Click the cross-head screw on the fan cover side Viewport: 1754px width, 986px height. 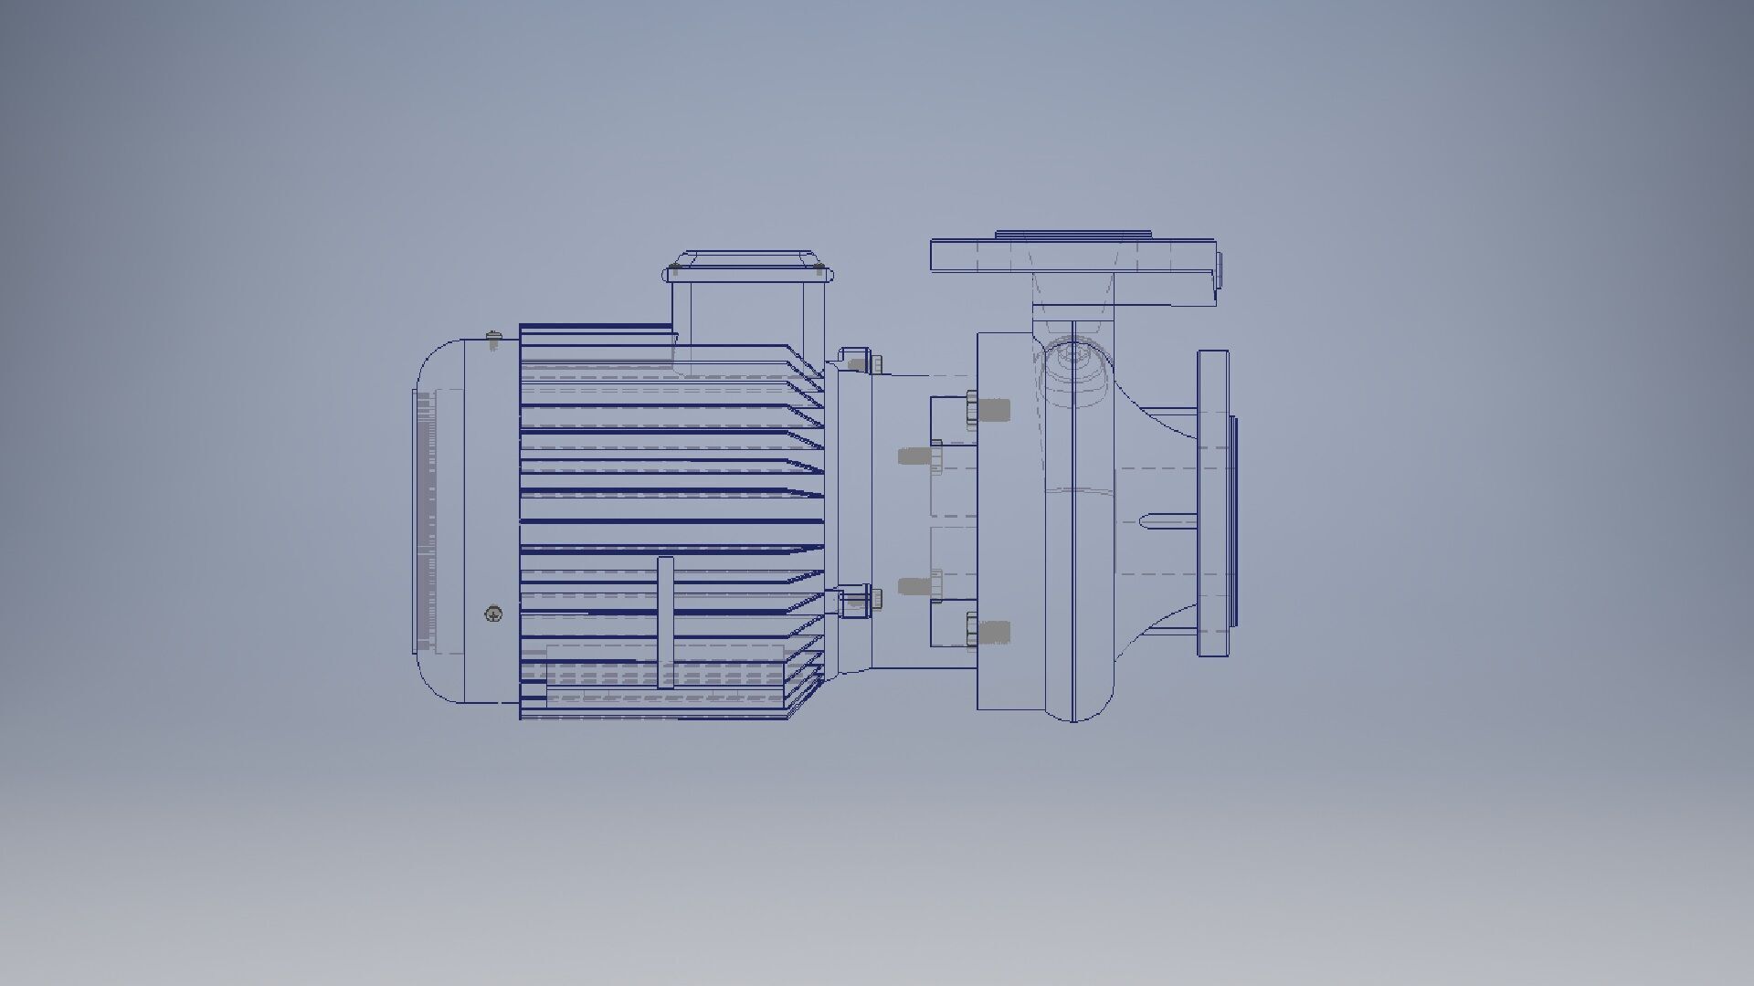(493, 614)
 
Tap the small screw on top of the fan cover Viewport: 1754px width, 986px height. (494, 338)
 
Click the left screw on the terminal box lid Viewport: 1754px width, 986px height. (674, 269)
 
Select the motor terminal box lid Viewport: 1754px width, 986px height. (745, 260)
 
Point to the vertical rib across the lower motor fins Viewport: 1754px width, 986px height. (665, 621)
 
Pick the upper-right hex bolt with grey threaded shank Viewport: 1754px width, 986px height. (988, 408)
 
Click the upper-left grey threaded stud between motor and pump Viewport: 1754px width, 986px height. (914, 456)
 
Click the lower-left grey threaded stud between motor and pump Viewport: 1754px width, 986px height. (914, 586)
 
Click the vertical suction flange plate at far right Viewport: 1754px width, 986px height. (1212, 502)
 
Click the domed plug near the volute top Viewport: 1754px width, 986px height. (1072, 361)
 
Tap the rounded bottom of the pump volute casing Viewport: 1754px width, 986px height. (1073, 703)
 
